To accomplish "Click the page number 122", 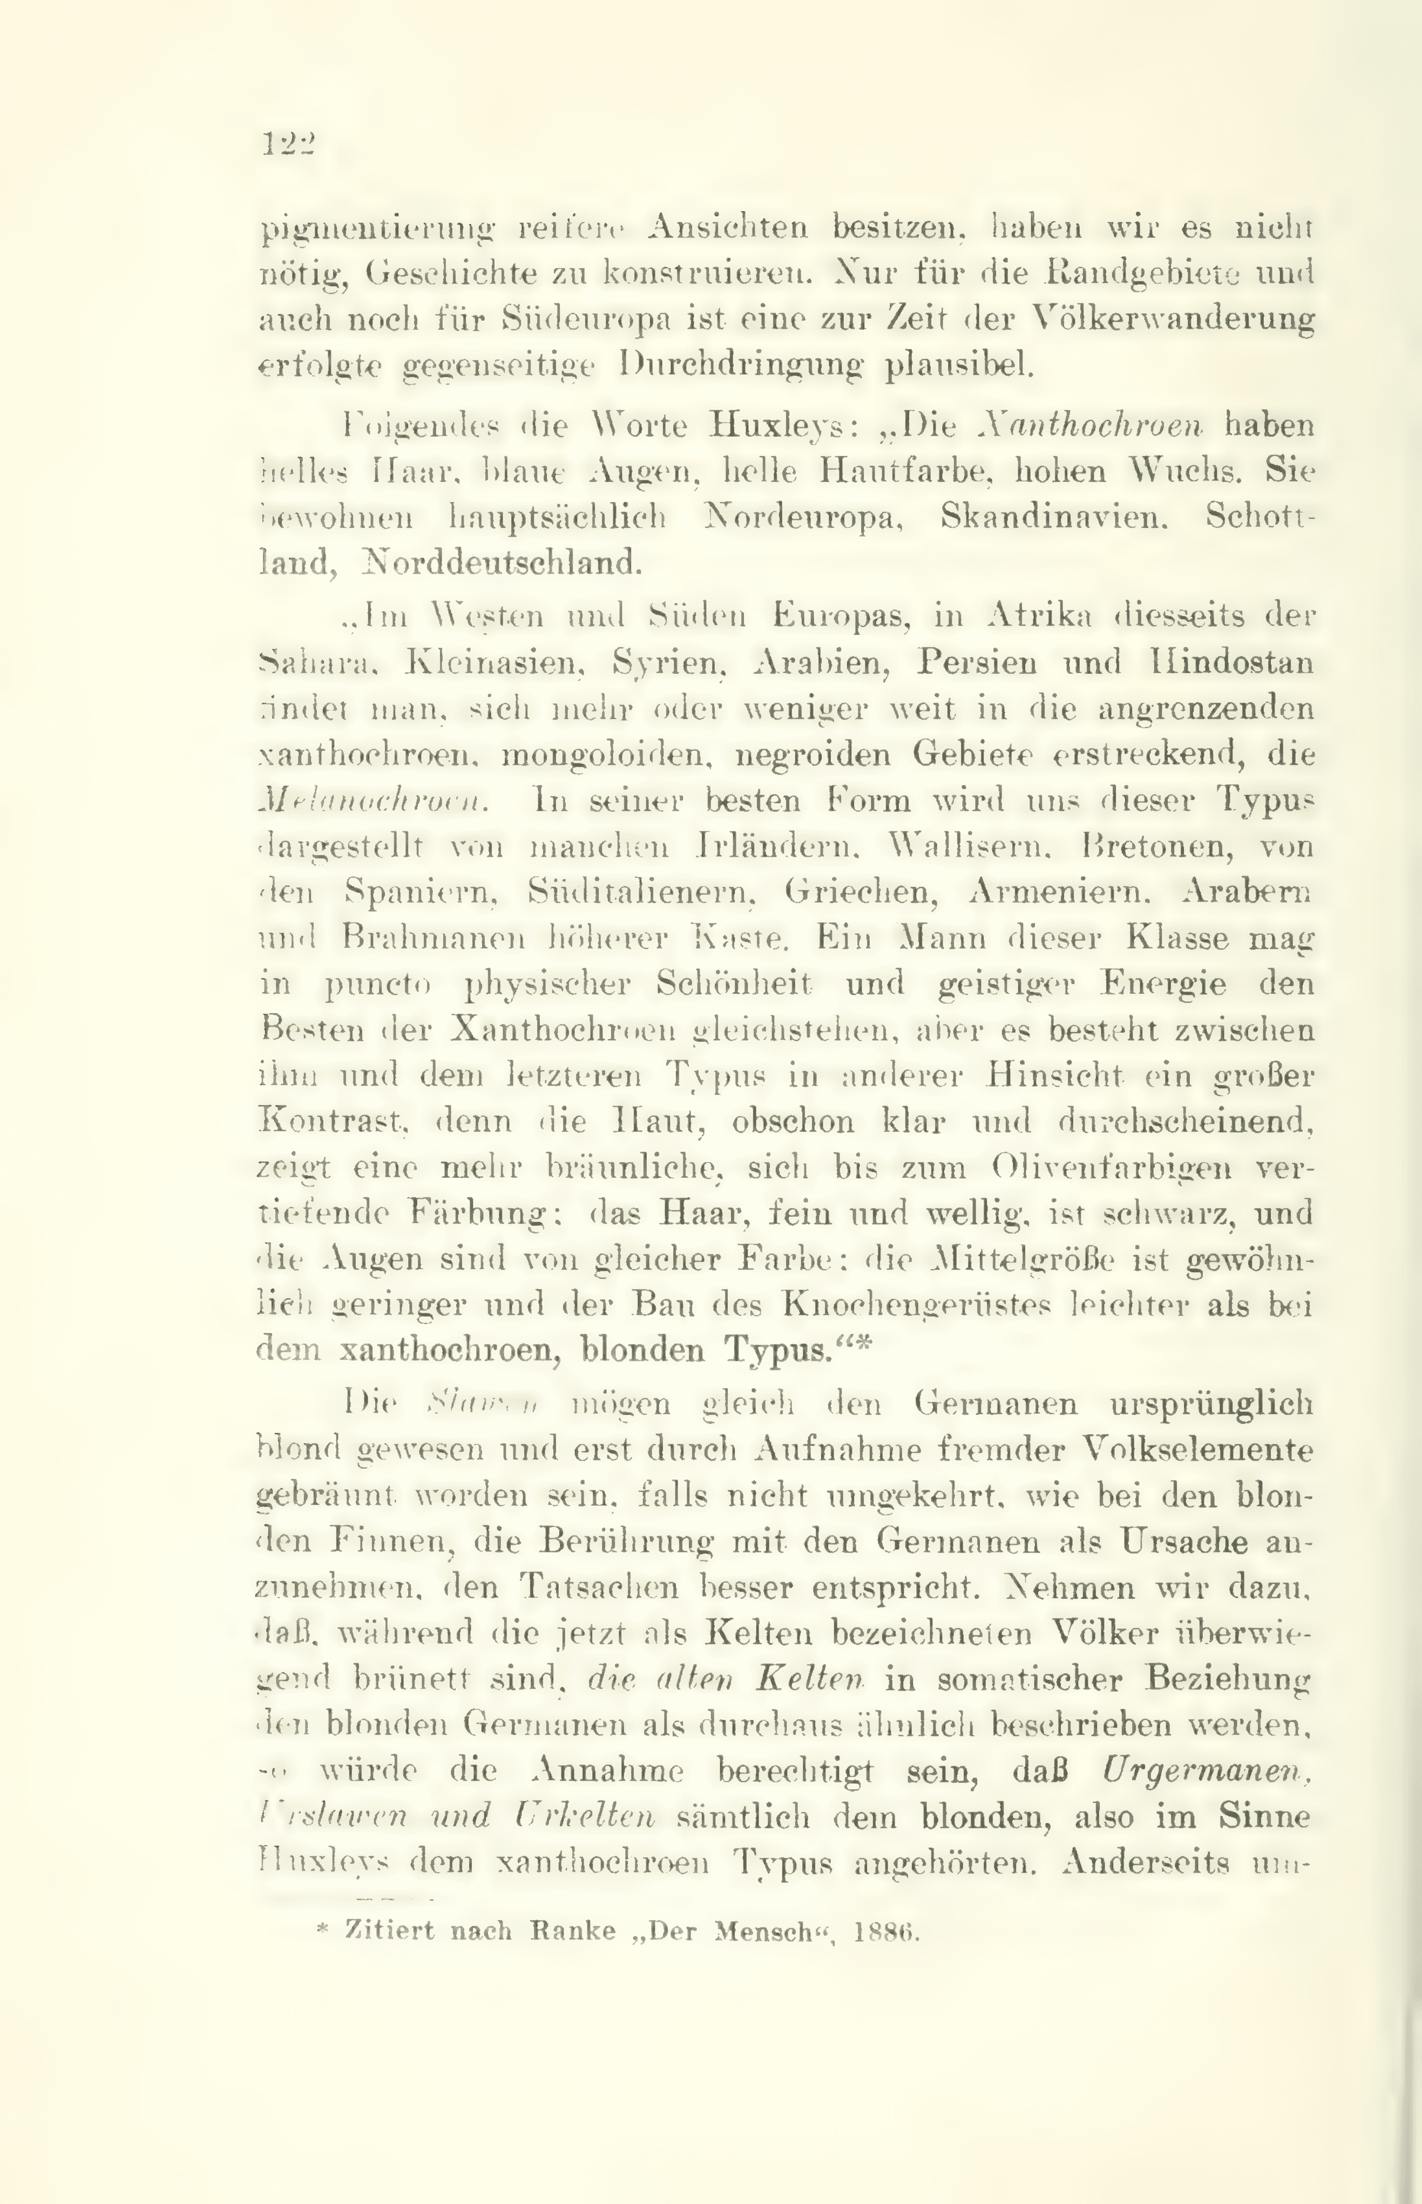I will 289,145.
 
